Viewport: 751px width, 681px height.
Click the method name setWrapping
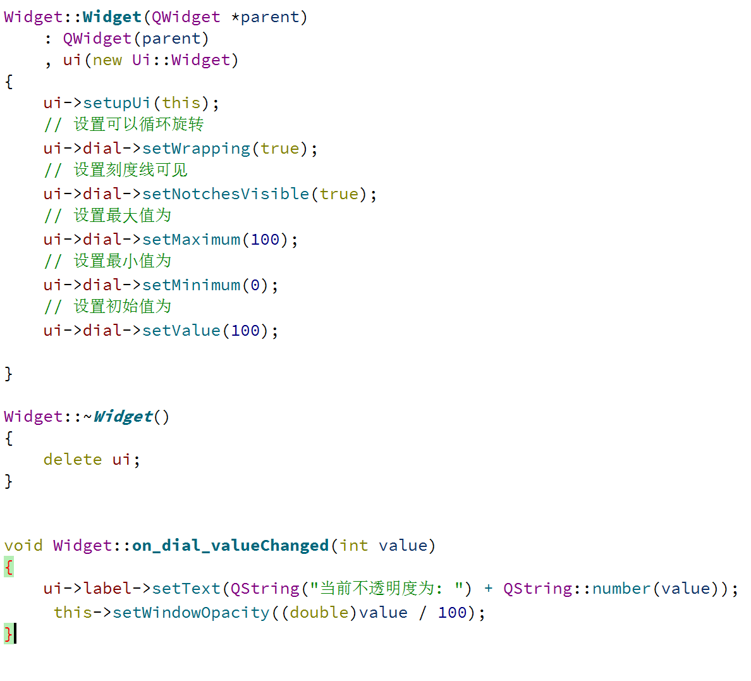[x=196, y=149]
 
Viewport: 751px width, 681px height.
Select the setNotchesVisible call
[x=226, y=194]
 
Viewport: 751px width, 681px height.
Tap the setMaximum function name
[x=191, y=240]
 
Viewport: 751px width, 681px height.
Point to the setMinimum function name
[x=191, y=285]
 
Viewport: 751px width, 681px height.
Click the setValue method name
[x=181, y=331]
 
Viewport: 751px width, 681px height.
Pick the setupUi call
[x=116, y=103]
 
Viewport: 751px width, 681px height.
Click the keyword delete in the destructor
[x=72, y=460]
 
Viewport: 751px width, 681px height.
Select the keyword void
[x=23, y=546]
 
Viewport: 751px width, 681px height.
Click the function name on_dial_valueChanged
[x=230, y=546]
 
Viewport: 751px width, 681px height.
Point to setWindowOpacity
[x=191, y=613]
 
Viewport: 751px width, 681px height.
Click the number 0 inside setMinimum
[x=255, y=285]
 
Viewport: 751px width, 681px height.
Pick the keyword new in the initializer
[x=107, y=60]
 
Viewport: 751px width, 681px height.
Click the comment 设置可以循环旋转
[x=139, y=124]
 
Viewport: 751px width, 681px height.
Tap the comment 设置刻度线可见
[x=131, y=169]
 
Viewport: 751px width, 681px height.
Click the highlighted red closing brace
[x=8, y=634]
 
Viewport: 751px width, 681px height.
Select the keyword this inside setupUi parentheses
[x=181, y=103]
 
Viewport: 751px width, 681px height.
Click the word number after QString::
[x=621, y=589]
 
